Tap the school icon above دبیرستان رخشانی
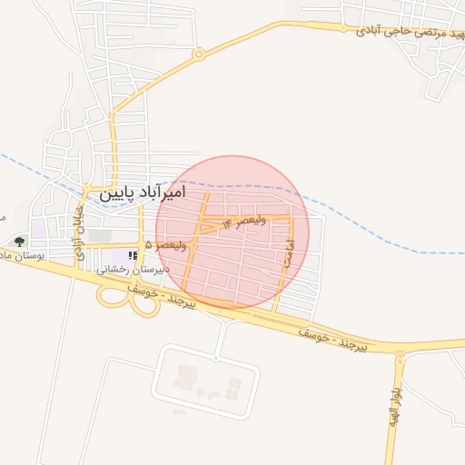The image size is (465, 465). point(133,255)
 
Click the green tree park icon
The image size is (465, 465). point(19,242)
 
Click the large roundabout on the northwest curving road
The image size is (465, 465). point(197,55)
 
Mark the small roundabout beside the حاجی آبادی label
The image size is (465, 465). point(344,28)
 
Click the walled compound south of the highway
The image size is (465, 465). point(201,381)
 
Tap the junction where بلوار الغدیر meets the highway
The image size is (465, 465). point(400,351)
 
